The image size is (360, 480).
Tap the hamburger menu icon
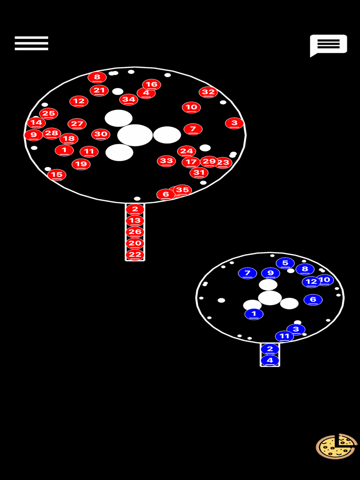coord(31,43)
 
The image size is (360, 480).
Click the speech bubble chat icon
coord(328,45)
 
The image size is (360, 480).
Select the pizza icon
coord(336,447)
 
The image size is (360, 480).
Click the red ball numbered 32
coord(208,92)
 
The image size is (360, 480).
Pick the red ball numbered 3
coord(234,123)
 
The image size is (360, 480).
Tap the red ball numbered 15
coord(57,175)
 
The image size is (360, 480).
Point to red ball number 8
coord(97,77)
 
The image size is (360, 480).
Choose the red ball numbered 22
coord(135,255)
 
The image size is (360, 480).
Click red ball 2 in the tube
coord(135,209)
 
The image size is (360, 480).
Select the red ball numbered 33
coord(166,161)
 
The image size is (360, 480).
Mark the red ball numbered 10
coord(191,107)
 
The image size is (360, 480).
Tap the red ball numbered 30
coord(101,134)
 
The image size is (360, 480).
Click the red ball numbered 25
coord(49,114)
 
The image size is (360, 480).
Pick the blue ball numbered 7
coord(247,273)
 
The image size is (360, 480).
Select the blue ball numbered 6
coord(313,299)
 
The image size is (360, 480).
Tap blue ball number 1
coord(254,314)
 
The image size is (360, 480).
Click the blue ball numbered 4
coord(270,360)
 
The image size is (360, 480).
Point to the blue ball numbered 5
coord(285,263)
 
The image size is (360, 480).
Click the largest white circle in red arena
coord(135,135)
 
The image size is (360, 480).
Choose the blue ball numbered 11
coord(284,336)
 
